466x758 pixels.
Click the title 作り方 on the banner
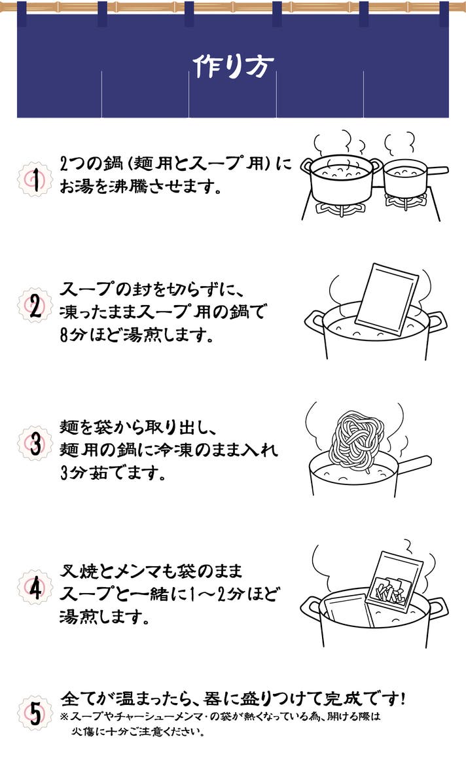234,65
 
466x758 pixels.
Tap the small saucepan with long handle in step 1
407,179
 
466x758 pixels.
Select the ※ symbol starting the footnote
64,717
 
